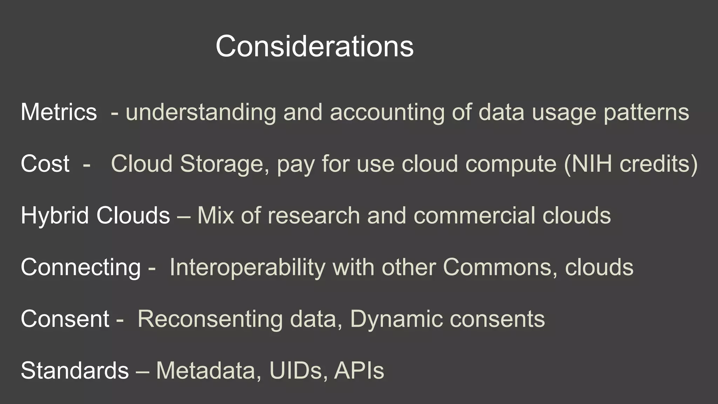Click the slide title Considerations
314,46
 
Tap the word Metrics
59,112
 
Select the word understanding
201,112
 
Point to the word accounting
387,112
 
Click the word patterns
646,112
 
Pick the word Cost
45,164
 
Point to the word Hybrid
54,215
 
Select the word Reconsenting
210,319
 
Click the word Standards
75,371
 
